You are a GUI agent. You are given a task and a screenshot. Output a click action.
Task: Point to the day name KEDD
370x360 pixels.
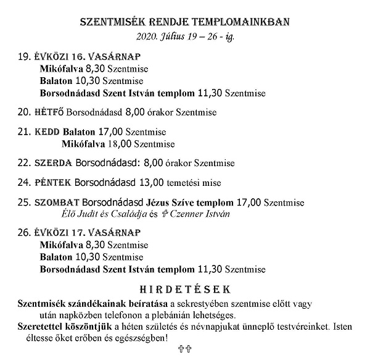pos(47,132)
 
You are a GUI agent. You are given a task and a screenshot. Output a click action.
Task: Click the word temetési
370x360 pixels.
pos(187,183)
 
